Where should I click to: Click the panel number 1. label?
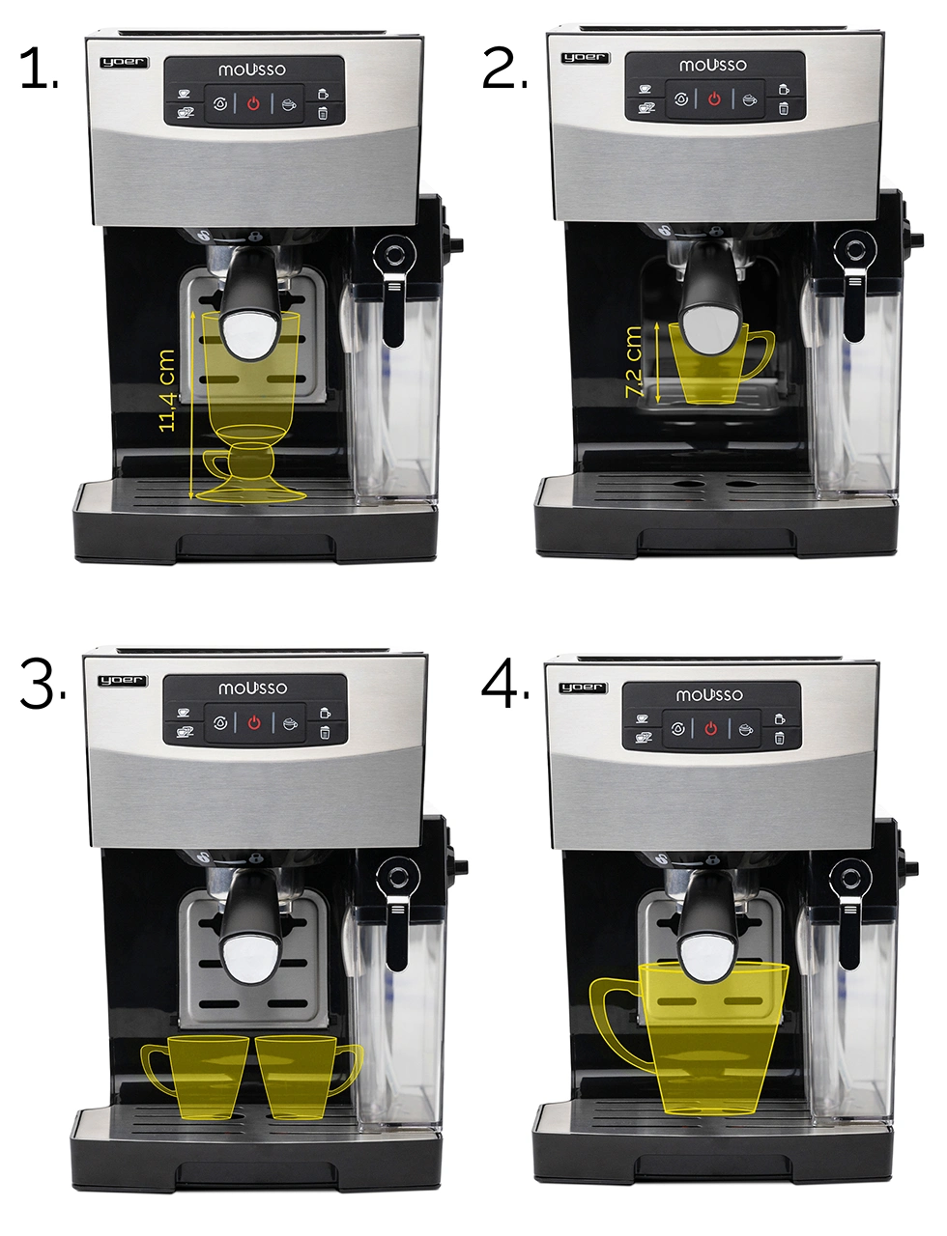pyautogui.click(x=39, y=69)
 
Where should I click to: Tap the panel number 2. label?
pyautogui.click(x=504, y=69)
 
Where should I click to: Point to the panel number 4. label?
pyautogui.click(x=504, y=685)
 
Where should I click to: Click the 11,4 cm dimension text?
pyautogui.click(x=167, y=390)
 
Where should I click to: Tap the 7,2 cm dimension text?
pyautogui.click(x=633, y=362)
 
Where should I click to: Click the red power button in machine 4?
pyautogui.click(x=710, y=729)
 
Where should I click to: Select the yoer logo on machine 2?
pyautogui.click(x=585, y=57)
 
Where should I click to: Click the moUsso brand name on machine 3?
pyautogui.click(x=252, y=688)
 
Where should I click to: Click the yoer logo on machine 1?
pyautogui.click(x=125, y=62)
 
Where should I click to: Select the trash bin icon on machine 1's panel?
pyautogui.click(x=323, y=113)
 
